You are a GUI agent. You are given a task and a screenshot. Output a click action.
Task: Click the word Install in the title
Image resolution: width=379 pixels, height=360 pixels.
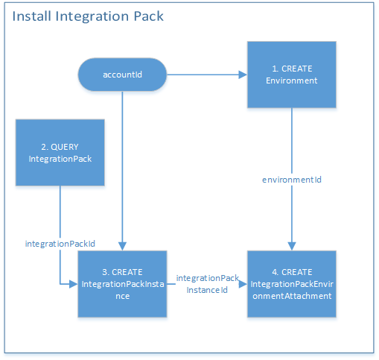[32, 16]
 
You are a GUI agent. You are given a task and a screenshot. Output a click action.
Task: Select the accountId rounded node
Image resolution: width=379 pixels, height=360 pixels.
[121, 75]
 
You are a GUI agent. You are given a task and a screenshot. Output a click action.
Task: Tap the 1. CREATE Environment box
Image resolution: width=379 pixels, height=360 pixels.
[291, 75]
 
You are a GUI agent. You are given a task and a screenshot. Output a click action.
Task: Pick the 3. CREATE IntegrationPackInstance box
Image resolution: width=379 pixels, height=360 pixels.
[121, 284]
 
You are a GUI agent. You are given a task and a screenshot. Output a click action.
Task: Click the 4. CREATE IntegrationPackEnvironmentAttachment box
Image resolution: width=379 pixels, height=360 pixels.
[291, 284]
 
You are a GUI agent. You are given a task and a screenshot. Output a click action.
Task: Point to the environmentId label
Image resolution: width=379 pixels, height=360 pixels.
[291, 180]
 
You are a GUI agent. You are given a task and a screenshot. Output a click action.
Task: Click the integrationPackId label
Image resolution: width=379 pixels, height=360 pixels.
[60, 243]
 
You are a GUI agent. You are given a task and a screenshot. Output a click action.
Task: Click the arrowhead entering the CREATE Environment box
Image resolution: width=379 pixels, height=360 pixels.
[242, 75]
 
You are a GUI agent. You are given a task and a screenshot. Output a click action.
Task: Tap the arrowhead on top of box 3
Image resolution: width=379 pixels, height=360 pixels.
[121, 246]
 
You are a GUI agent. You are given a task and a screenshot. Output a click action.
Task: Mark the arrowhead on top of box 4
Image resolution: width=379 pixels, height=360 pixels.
[291, 246]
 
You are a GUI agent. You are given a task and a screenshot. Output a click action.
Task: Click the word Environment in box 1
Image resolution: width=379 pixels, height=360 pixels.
[291, 80]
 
